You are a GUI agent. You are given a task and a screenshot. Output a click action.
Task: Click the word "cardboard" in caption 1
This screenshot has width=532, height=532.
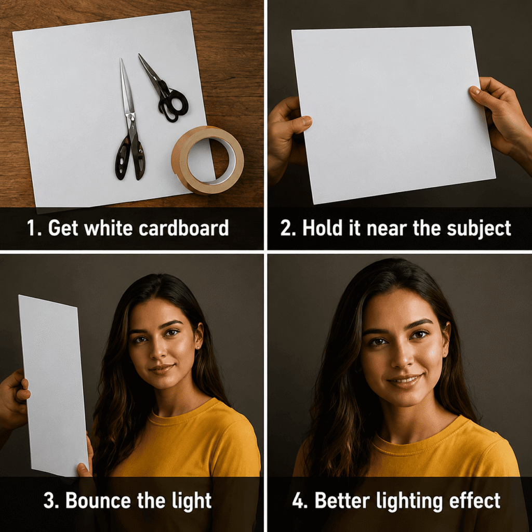183,228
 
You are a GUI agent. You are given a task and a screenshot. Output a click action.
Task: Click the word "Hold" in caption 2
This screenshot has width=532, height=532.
323,228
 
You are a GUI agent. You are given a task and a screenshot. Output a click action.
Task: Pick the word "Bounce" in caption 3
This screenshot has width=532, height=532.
98,500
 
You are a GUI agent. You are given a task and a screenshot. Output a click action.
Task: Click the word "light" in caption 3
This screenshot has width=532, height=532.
192,501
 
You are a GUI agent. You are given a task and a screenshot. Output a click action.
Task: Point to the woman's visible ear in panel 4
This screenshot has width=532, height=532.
445,340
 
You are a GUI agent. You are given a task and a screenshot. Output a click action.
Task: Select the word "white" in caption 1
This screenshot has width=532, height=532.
108,228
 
